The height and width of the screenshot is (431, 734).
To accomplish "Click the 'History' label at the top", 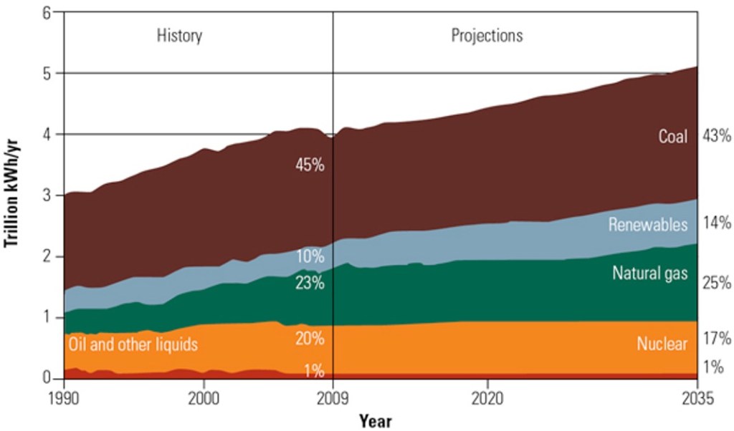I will click(179, 35).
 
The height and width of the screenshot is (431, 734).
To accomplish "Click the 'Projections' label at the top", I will click(487, 35).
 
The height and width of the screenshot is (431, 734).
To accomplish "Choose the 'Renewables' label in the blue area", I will click(648, 224).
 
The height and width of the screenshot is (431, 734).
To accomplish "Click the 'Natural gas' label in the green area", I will click(649, 273).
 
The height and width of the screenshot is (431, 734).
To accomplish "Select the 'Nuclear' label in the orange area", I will click(662, 344).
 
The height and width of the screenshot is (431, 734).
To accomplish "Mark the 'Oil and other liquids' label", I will click(133, 344).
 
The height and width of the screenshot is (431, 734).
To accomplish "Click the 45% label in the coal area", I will click(310, 165).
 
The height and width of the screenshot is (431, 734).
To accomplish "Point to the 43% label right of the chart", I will click(716, 136).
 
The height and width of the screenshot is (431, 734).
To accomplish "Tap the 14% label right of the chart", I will click(716, 223).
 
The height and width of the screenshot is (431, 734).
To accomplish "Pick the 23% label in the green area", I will click(310, 283).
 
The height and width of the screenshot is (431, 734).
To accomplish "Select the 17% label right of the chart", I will click(716, 339).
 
